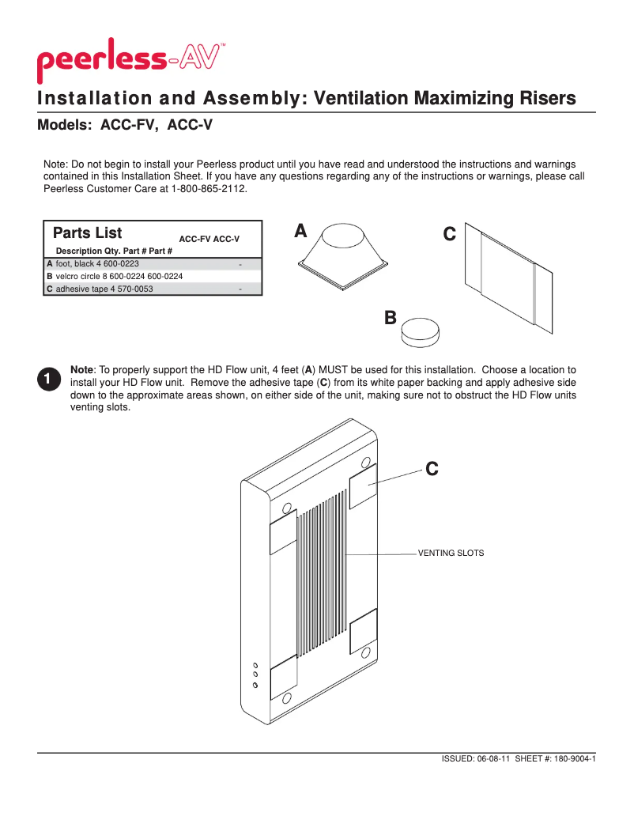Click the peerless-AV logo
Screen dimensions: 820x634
(x=130, y=60)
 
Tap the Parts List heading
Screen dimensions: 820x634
(x=87, y=233)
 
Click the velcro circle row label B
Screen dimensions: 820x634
(x=50, y=276)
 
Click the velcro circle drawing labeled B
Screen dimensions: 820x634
(x=419, y=331)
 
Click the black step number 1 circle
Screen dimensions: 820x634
(x=47, y=379)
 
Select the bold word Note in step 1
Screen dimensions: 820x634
(x=82, y=369)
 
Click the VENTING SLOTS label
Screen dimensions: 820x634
(x=451, y=553)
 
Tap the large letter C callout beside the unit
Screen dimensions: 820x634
(x=432, y=469)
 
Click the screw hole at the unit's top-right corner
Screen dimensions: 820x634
(x=366, y=462)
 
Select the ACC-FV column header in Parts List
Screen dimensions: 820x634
(x=194, y=239)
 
